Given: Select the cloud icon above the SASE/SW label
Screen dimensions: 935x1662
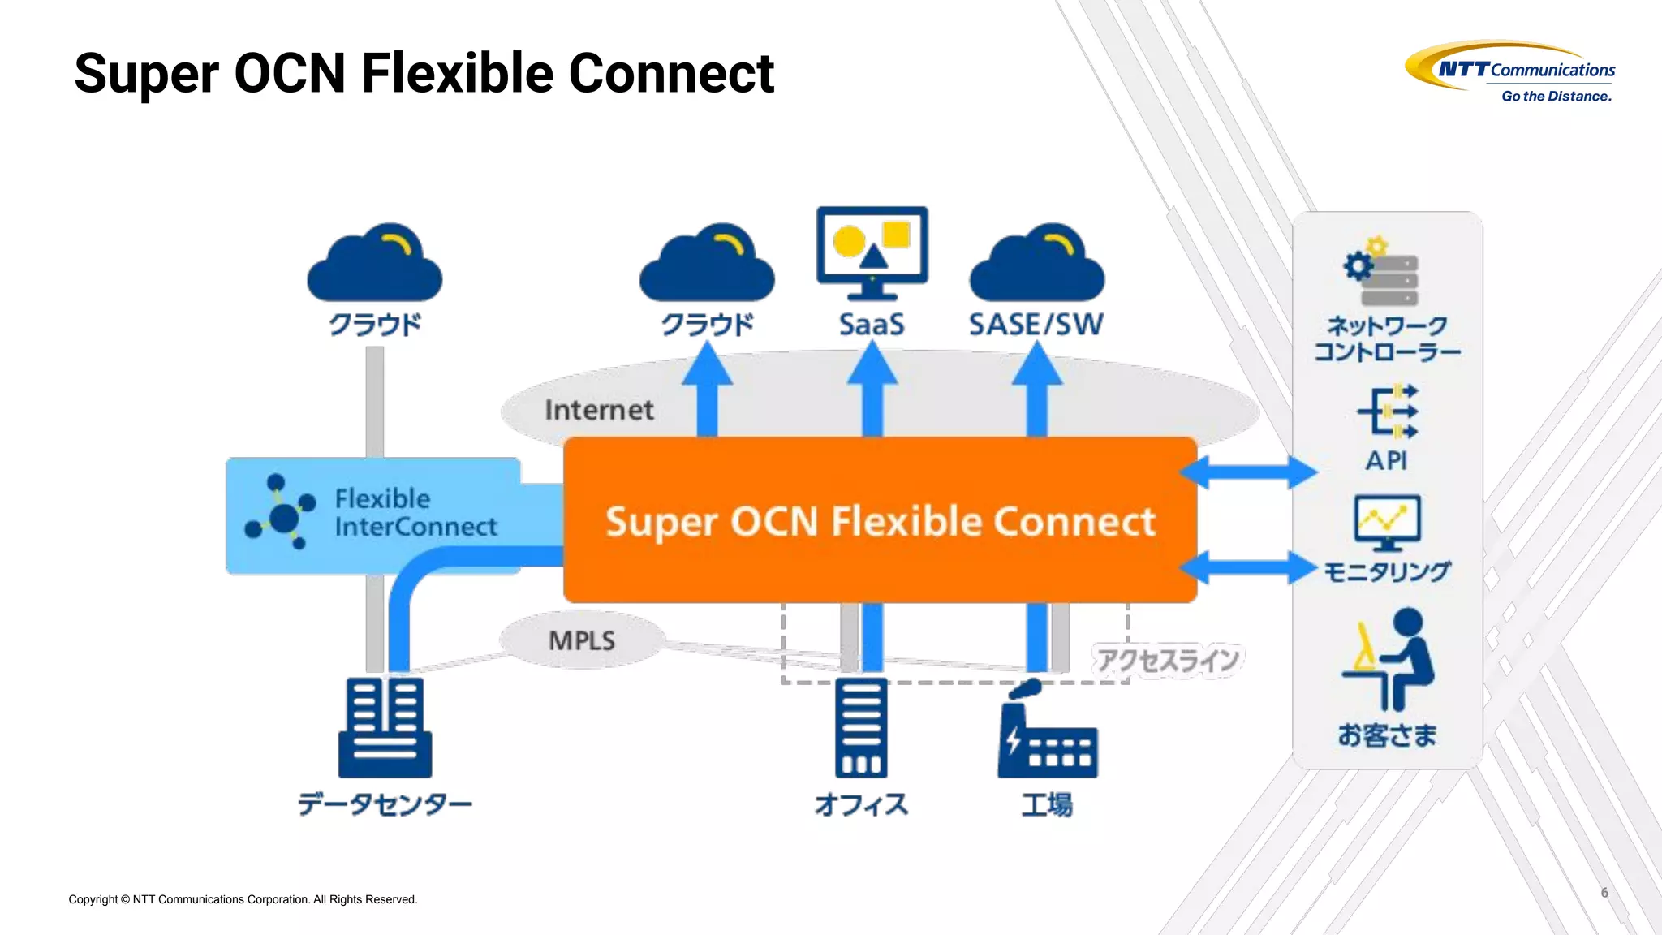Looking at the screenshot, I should [x=1037, y=264].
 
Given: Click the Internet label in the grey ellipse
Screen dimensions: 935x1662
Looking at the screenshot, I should [x=599, y=410].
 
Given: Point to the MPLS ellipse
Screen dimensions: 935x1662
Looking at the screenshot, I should [x=582, y=640].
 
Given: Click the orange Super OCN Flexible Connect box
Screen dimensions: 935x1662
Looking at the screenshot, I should [x=880, y=520].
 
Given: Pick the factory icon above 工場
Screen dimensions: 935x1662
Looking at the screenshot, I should [x=1047, y=731].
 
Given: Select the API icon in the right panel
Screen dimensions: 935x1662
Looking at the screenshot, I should [x=1388, y=411].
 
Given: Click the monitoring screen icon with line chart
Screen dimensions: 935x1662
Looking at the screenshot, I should [x=1387, y=522].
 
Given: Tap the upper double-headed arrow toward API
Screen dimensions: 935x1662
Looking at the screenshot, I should [x=1248, y=472].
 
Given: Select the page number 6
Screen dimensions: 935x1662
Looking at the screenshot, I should [x=1604, y=893].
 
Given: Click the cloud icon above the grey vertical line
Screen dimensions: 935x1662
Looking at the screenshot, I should [x=375, y=264].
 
